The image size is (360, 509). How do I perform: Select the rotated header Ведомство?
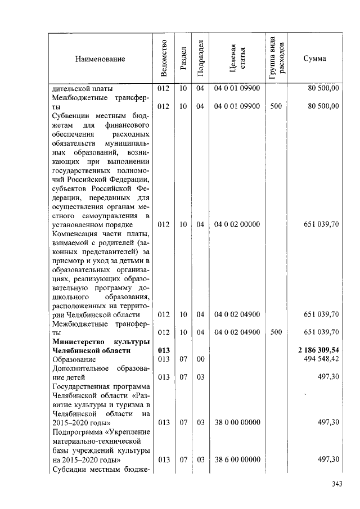click(163, 58)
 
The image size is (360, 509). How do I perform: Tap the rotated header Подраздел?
click(200, 58)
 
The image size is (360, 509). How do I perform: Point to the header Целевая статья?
click(237, 58)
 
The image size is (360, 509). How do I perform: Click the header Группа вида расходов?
click(276, 58)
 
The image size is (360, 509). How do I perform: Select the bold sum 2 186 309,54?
click(318, 350)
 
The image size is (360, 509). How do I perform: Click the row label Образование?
click(74, 359)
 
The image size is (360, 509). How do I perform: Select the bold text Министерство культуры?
click(101, 341)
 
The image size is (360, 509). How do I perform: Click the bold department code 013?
click(163, 350)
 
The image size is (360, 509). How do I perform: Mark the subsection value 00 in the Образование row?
click(200, 359)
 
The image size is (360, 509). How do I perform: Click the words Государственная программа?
click(101, 386)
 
